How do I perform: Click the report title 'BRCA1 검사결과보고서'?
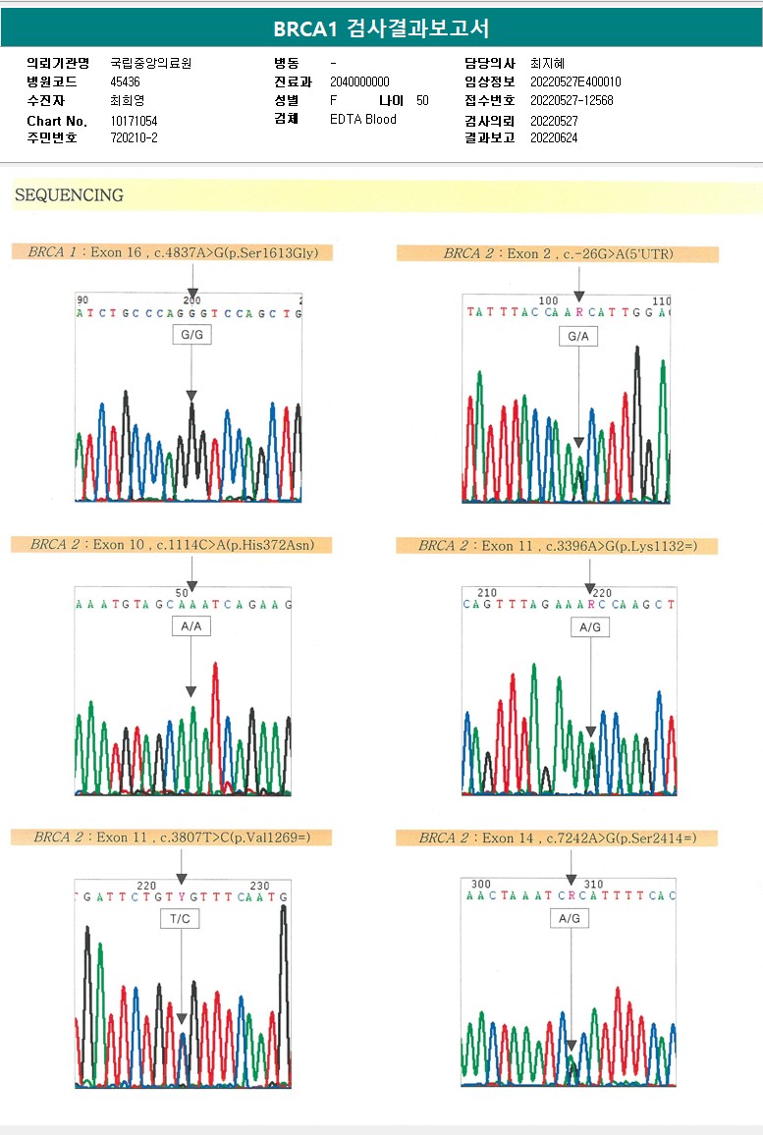tap(381, 28)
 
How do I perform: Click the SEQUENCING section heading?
tap(69, 195)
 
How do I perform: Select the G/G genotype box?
tap(191, 335)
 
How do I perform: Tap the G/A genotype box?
tap(578, 337)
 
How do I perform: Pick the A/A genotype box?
tap(191, 626)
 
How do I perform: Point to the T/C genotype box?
tap(181, 919)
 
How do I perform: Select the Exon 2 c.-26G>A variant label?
tap(558, 254)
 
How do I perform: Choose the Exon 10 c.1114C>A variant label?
tap(173, 544)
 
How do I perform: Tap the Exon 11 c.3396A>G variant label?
tap(558, 546)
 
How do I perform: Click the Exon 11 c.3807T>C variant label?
tap(173, 837)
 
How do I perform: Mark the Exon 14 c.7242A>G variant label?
tap(558, 838)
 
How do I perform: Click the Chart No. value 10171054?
tap(134, 121)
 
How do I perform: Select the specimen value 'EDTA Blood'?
tap(363, 119)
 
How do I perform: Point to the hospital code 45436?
tap(125, 81)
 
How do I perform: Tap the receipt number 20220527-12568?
tap(572, 100)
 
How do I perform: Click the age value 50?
tap(422, 100)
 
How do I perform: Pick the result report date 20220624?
tap(554, 137)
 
